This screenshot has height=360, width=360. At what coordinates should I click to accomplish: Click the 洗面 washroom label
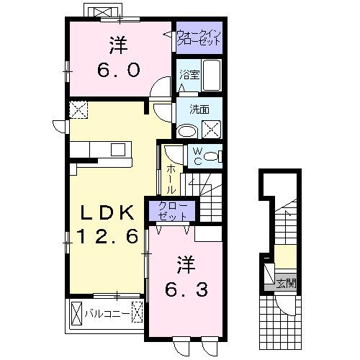tap(199, 109)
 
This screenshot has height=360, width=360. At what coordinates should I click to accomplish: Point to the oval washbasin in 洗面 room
tap(186, 131)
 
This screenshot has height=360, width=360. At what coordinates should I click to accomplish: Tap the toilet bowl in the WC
tap(215, 156)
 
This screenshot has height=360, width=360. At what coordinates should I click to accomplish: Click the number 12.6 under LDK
tap(107, 237)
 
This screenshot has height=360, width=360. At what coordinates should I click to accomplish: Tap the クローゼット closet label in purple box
tap(171, 211)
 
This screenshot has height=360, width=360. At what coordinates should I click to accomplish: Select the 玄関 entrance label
tap(286, 283)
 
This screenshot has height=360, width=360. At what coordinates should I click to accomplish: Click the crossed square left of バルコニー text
tap(77, 314)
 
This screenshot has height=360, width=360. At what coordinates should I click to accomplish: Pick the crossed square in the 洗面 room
tap(212, 130)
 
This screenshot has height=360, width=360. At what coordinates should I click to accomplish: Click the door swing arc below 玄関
tap(287, 306)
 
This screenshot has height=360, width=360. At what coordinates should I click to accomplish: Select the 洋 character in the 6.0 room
tap(118, 45)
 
